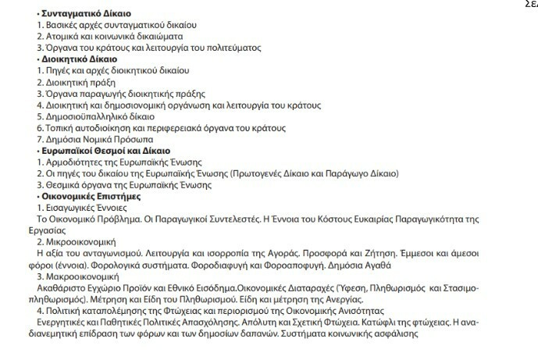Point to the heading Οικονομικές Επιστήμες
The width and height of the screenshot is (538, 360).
[x=91, y=197]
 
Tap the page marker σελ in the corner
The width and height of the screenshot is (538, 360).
[x=531, y=4]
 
